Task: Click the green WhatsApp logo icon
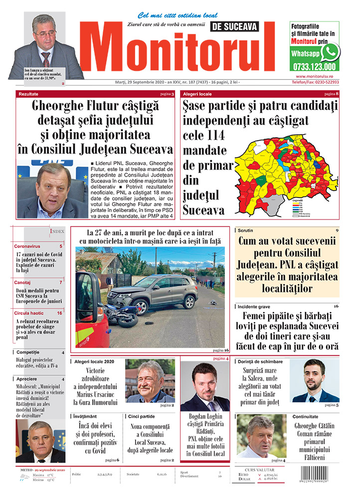pyautogui.click(x=330, y=52)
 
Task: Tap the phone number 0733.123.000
pyautogui.click(x=314, y=66)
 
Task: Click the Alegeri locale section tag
pyautogui.click(x=197, y=94)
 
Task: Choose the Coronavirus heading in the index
pyautogui.click(x=28, y=247)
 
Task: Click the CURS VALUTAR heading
pyautogui.click(x=261, y=470)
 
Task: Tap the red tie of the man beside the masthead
pyautogui.click(x=45, y=59)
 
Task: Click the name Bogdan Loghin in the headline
pyautogui.click(x=202, y=416)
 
